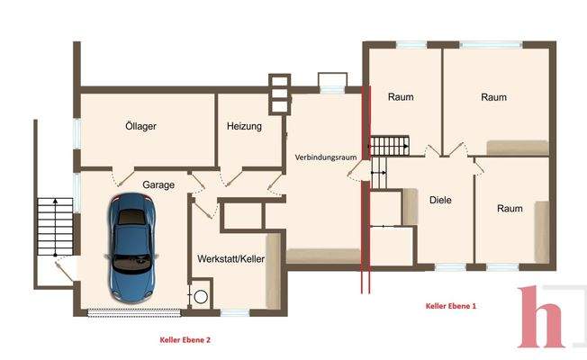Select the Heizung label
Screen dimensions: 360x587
(x=244, y=127)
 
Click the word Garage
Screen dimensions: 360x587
(x=158, y=184)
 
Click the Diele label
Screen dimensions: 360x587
(x=440, y=201)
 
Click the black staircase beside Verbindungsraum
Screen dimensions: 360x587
(x=390, y=145)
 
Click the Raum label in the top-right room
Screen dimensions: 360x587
(x=494, y=97)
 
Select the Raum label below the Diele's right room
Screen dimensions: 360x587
(x=510, y=209)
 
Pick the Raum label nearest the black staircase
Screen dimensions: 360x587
(x=401, y=97)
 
